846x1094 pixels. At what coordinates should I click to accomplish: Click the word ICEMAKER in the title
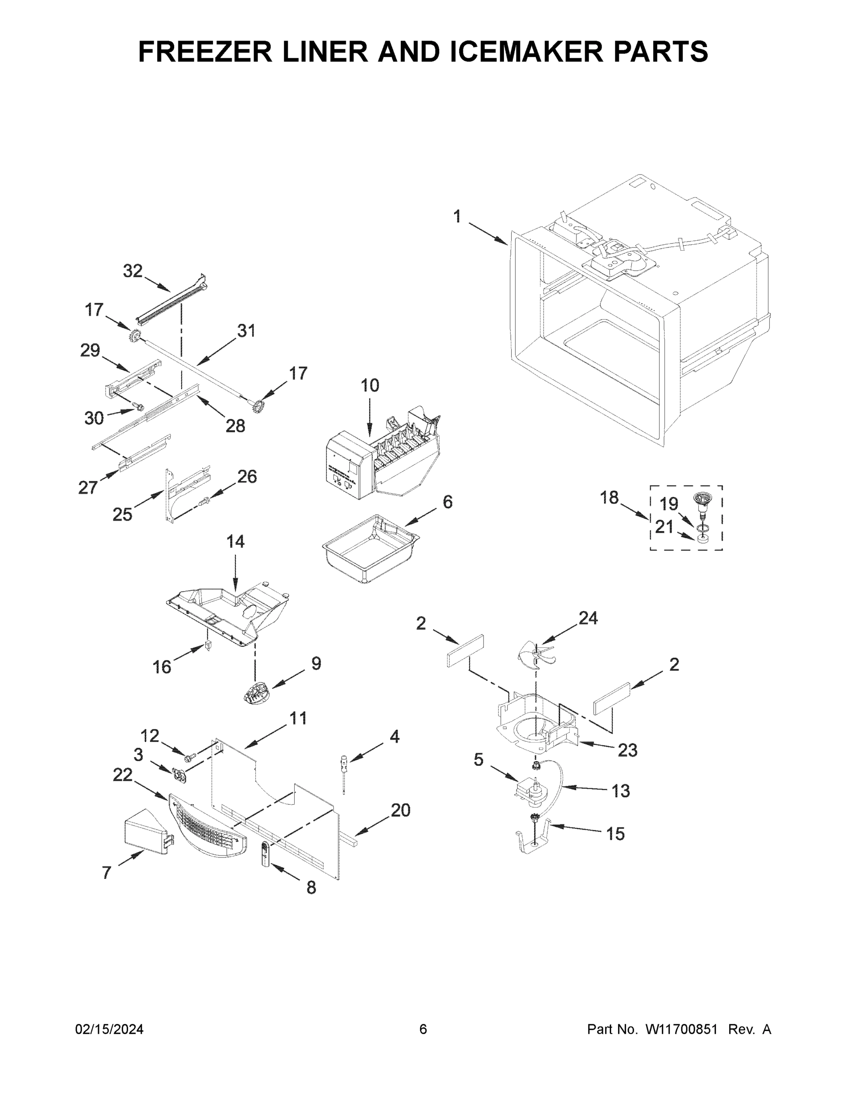527,52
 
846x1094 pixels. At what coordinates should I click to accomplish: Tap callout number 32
133,271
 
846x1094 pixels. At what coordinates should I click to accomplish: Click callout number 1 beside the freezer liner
457,217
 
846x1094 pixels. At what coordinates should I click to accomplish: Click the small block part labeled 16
208,647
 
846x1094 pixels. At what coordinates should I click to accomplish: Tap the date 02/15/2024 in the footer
109,1029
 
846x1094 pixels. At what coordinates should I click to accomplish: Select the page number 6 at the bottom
423,1029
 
